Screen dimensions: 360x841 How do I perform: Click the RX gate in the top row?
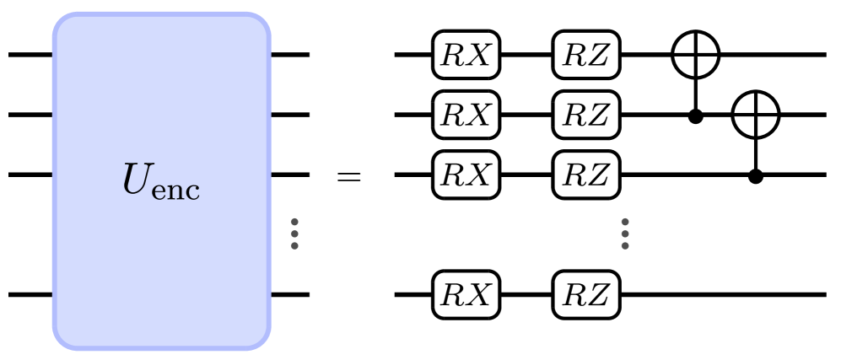466,56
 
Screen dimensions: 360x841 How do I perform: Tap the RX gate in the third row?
466,174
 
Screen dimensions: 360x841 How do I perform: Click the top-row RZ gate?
586,56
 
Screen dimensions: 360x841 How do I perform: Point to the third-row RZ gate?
586,174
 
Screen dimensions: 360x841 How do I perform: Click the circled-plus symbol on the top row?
696,56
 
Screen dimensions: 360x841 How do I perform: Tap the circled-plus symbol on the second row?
756,115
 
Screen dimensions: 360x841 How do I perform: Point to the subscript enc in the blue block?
178,189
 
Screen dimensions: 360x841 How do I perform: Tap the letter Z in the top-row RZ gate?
597,56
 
